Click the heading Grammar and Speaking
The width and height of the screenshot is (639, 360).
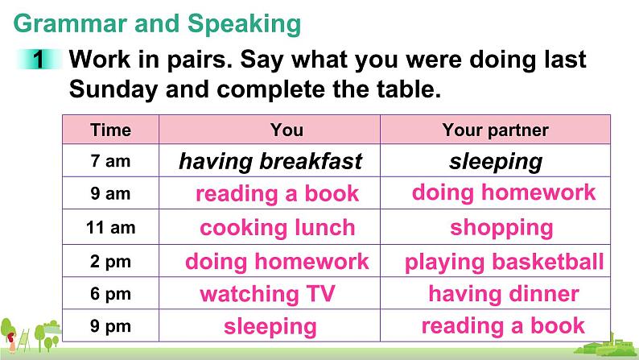157,24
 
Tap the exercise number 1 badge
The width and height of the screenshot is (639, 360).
39,59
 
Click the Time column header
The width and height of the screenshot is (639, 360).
110,130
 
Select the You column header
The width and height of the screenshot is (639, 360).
287,130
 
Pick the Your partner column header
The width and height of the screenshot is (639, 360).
495,130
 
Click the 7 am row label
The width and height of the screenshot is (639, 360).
110,161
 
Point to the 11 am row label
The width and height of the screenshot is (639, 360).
110,227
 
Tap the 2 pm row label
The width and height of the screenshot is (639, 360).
110,261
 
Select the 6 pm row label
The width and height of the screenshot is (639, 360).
110,294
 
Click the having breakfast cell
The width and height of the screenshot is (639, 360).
270,161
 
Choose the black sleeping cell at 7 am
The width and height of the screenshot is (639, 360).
496,162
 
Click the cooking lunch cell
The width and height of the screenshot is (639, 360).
277,227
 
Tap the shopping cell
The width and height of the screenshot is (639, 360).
501,228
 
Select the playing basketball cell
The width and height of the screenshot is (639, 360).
504,263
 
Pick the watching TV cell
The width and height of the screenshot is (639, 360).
267,294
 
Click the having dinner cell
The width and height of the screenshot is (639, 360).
504,294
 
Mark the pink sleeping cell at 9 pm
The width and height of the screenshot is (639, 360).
270,327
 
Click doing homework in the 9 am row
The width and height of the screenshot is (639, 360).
504,192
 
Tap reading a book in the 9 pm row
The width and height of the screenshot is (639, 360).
503,325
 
